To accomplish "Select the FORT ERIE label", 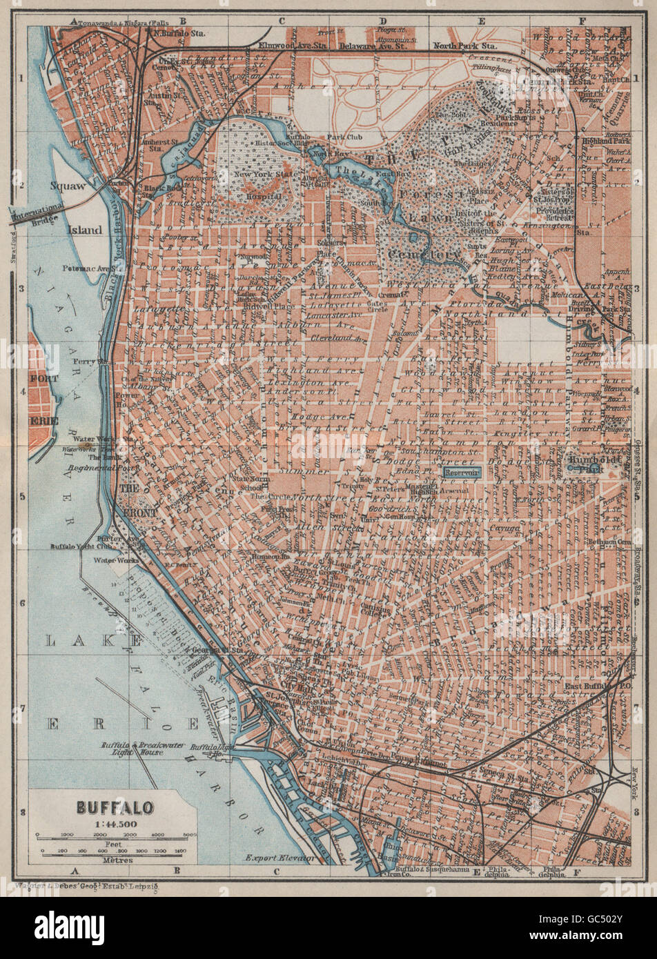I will coord(43,399).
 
